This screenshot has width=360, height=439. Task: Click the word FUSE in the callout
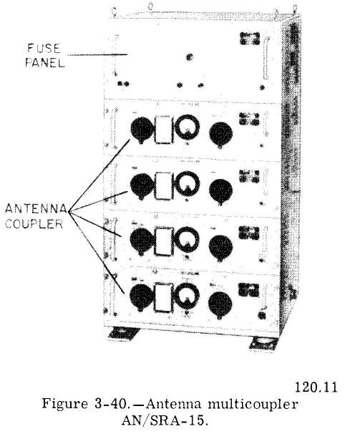click(44, 49)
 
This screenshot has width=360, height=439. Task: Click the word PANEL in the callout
click(45, 62)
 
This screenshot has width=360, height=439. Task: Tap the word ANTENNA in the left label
click(36, 208)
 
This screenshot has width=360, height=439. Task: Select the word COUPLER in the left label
click(34, 223)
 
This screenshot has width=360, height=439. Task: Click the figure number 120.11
click(316, 387)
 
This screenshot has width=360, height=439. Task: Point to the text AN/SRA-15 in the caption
click(165, 420)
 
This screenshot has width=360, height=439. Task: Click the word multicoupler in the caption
click(253, 405)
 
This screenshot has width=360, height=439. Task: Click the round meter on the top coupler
click(187, 127)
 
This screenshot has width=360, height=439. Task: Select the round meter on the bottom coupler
click(187, 296)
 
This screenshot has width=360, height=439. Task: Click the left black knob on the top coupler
click(142, 130)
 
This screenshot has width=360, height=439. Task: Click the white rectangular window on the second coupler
click(162, 186)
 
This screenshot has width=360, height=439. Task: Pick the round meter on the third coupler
click(187, 239)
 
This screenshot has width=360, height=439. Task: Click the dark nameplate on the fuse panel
click(250, 39)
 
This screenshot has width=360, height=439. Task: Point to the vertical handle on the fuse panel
click(266, 58)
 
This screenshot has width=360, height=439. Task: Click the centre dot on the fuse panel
click(190, 57)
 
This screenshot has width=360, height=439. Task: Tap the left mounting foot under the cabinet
click(123, 334)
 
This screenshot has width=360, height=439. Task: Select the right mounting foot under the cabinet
click(263, 343)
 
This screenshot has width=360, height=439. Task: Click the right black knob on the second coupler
click(220, 191)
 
